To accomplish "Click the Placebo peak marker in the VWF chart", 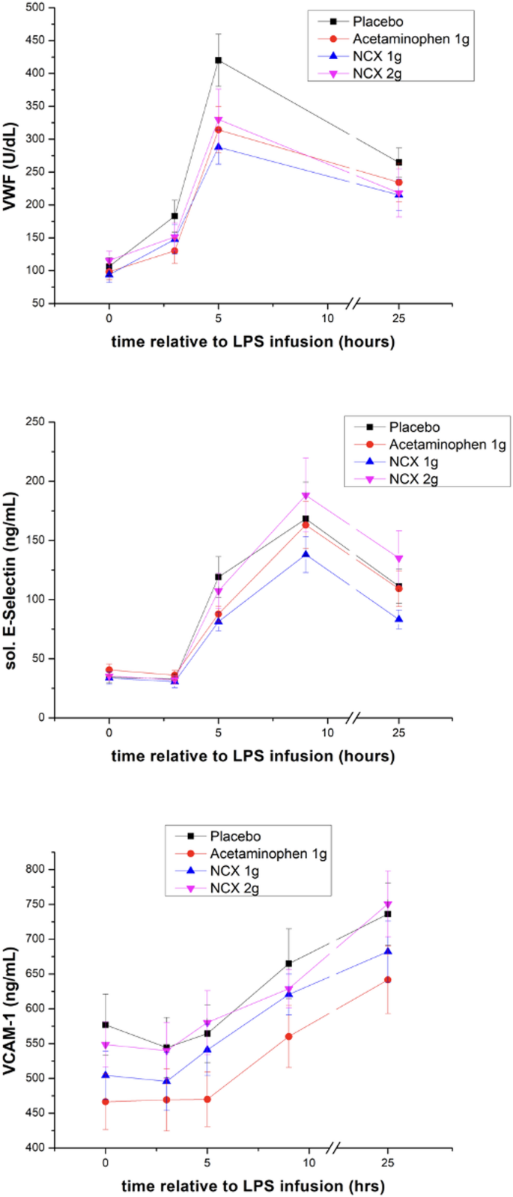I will (x=219, y=60).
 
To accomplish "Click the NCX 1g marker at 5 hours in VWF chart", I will (x=219, y=147).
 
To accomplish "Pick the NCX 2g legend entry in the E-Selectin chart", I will (x=413, y=479).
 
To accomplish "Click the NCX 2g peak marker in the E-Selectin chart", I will (x=327, y=496).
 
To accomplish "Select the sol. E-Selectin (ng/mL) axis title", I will (x=10, y=570).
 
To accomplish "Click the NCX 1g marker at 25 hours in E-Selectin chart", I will (x=398, y=619).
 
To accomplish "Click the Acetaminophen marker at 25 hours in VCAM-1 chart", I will (x=388, y=979).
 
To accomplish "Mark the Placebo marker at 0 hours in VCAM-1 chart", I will (x=106, y=1025).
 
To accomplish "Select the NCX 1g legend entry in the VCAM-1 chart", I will (x=235, y=871).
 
